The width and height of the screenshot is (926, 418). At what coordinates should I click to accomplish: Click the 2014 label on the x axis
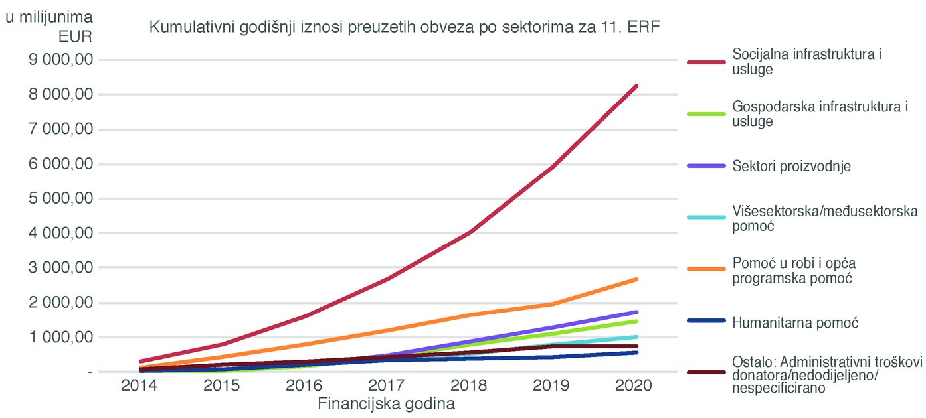139,386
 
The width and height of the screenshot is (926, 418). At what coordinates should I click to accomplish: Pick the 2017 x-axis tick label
388,386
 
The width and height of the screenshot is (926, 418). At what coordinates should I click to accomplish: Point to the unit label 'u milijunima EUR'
50,25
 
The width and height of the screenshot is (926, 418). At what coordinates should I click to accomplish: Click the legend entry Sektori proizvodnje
791,166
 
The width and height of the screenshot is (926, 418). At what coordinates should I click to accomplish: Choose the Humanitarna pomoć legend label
795,323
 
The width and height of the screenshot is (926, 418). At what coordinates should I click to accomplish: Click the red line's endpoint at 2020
636,86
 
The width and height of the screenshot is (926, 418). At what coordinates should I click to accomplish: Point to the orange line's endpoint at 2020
636,279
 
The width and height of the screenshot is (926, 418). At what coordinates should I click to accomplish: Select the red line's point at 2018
470,232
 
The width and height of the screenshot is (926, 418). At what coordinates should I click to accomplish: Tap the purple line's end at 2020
636,312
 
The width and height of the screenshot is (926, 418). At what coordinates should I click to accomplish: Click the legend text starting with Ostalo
827,376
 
